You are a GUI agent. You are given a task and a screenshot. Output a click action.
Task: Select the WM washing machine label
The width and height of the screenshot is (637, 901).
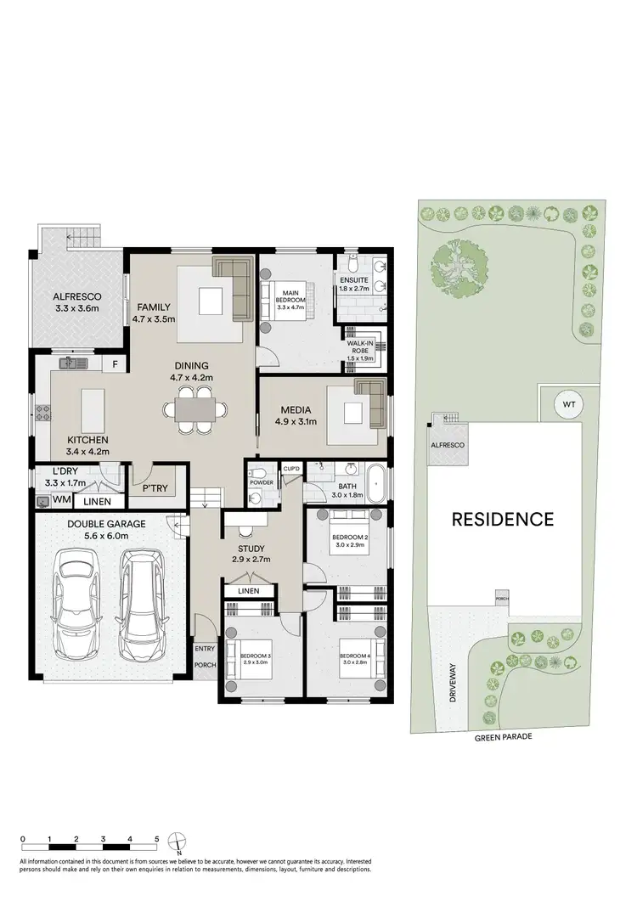coord(62,500)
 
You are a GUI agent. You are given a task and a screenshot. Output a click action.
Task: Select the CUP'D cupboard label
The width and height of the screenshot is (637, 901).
coord(291,469)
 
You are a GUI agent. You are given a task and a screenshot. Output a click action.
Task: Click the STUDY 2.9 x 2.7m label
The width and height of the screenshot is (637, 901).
coord(250,554)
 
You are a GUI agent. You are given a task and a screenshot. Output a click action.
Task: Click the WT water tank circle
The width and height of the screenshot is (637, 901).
coord(567,405)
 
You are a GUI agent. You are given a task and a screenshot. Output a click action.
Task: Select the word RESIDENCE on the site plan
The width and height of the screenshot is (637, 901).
coord(502,519)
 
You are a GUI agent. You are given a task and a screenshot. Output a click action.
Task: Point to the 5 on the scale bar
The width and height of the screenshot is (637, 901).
coord(157,837)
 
